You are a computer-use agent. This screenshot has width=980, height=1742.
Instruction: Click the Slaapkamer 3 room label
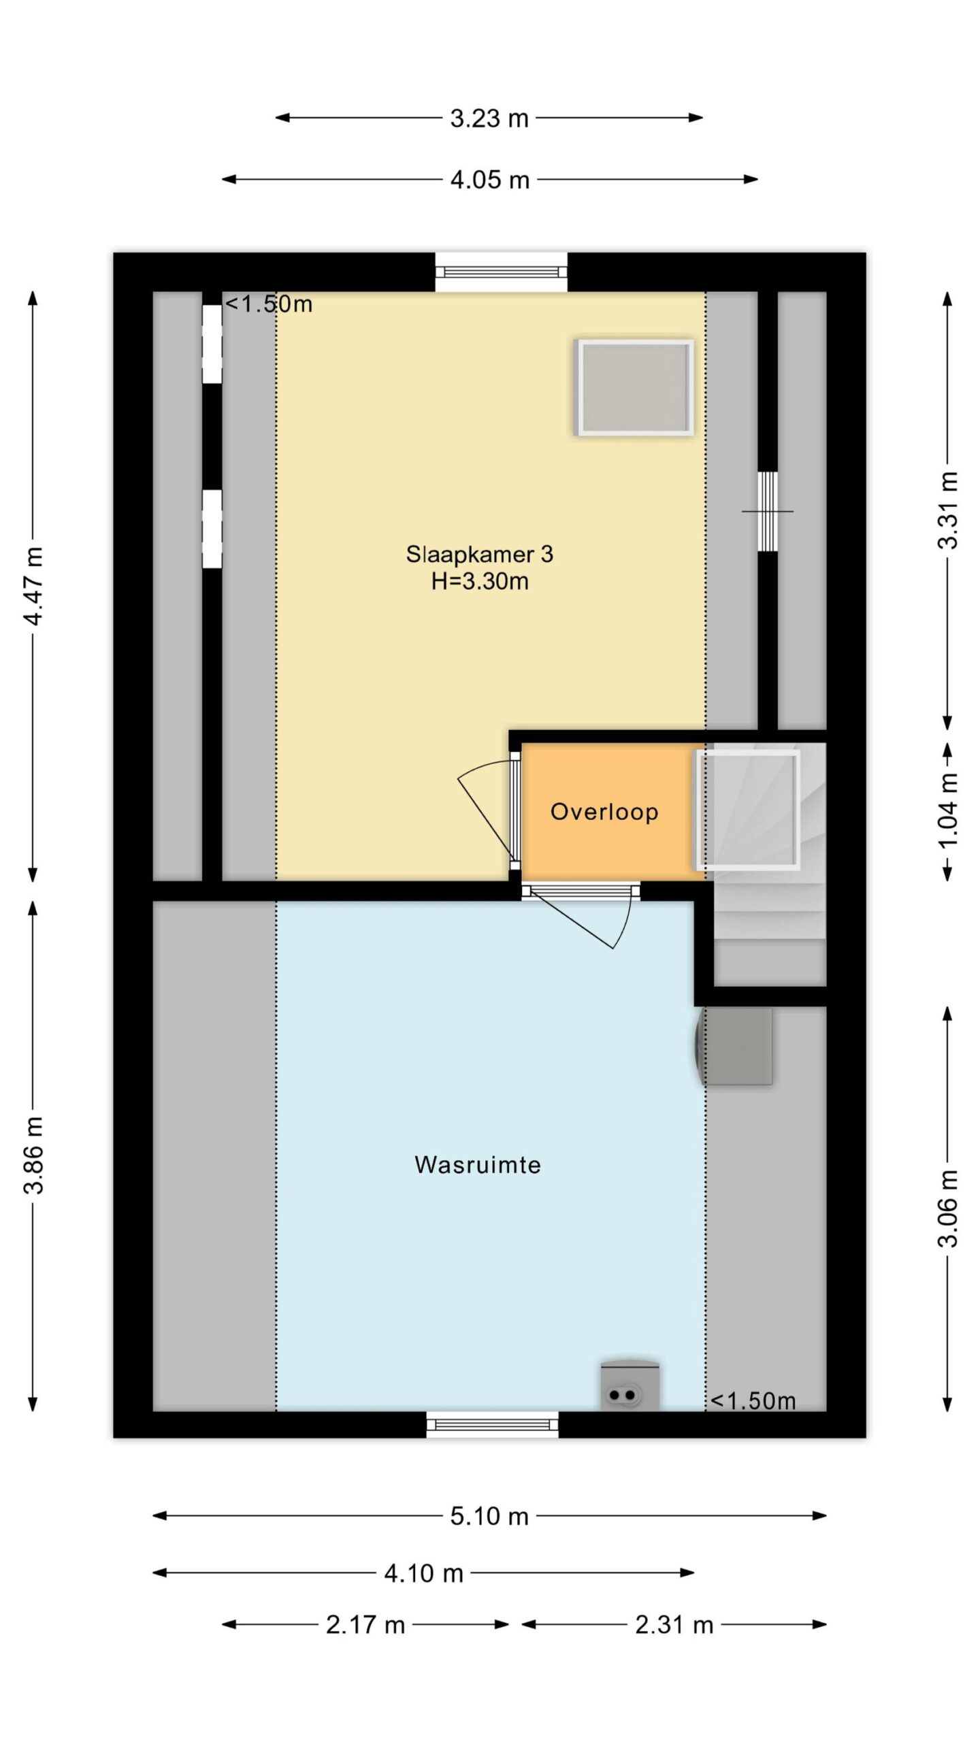pos(479,554)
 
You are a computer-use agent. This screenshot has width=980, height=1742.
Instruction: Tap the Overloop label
pos(604,811)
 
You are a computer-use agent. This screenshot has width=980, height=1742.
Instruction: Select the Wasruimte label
pos(478,1164)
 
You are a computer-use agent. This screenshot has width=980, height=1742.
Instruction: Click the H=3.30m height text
pos(480,581)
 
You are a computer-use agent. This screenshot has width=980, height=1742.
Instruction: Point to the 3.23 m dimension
pos(489,118)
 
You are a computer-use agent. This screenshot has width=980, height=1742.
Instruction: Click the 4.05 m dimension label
pos(490,180)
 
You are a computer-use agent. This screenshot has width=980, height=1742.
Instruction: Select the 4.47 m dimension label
pos(33,586)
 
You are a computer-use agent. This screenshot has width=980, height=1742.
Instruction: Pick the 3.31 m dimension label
pos(948,510)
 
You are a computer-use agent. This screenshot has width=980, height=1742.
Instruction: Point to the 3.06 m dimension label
pos(948,1208)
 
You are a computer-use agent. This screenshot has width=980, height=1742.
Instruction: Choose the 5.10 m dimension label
pos(489,1516)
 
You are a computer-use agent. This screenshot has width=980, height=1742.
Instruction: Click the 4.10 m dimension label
pos(423,1573)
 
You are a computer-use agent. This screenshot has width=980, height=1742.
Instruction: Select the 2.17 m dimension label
pos(365,1625)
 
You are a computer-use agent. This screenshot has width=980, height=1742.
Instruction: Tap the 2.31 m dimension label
pos(674,1625)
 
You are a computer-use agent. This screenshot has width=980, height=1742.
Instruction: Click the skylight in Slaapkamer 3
pos(634,387)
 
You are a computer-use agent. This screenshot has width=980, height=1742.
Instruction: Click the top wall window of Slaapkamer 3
pos(501,272)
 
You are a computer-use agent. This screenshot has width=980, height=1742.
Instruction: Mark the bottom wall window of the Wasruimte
pos(492,1425)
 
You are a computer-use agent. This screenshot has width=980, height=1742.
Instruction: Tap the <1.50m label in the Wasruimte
pos(753,1401)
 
